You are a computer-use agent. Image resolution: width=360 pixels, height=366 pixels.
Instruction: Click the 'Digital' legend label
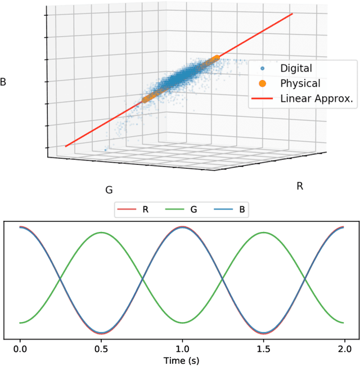click(296, 69)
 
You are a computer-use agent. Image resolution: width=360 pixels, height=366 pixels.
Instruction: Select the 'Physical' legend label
click(300, 83)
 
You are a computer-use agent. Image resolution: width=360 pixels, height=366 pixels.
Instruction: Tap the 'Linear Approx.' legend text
click(317, 99)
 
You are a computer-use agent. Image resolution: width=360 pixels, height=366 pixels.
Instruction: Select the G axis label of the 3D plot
click(109, 190)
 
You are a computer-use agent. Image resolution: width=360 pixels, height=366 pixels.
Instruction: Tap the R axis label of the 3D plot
click(300, 186)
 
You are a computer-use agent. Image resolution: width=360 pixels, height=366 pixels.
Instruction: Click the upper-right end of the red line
click(292, 14)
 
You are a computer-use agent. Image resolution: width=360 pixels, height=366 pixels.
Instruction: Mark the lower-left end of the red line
click(66, 146)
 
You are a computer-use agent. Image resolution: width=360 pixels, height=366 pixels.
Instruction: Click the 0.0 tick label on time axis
click(20, 348)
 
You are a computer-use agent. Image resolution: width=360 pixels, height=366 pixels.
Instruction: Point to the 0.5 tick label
click(101, 348)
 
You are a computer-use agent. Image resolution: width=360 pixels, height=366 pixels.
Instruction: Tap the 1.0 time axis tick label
click(182, 348)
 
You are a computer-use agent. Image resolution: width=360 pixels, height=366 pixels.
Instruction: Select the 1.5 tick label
click(263, 348)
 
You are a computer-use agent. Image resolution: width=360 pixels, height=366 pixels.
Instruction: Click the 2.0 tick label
click(344, 348)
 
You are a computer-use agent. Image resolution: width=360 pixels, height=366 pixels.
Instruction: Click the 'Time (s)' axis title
click(182, 359)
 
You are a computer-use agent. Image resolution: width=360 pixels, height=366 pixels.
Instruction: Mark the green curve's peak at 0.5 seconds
click(101, 233)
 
